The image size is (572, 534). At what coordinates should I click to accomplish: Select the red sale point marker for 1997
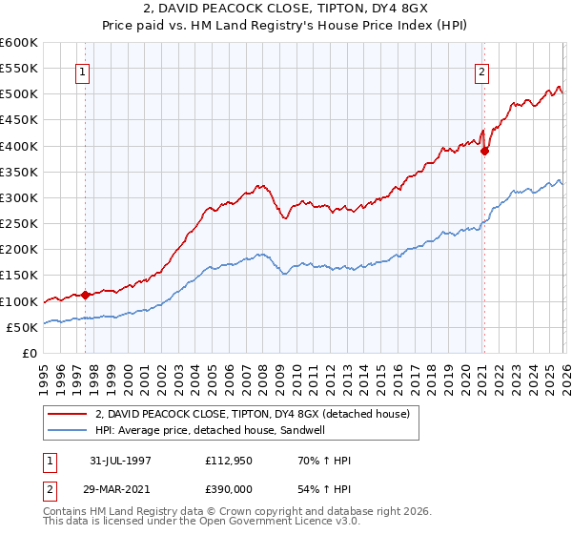[86, 295]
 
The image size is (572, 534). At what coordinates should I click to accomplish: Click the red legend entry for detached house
[252, 413]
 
